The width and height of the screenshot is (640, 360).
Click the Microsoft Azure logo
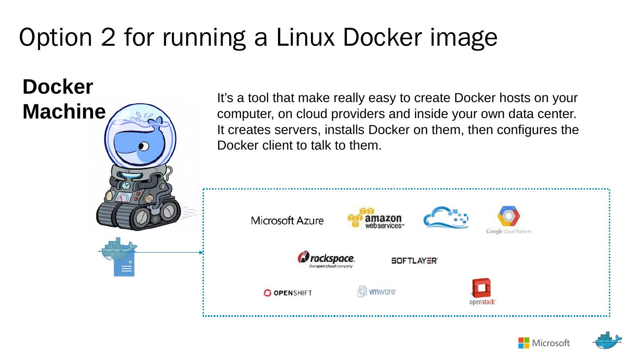[x=287, y=221]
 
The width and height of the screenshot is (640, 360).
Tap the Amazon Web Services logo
[x=376, y=218]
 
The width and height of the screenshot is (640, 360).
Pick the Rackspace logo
[x=326, y=259]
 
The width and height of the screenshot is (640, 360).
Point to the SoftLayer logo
[x=414, y=261]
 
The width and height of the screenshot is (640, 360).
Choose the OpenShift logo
[x=288, y=293]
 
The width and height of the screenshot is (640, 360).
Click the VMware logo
[x=377, y=292]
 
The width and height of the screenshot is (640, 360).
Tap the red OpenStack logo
[x=482, y=289]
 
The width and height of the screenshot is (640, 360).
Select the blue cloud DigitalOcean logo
[x=445, y=218]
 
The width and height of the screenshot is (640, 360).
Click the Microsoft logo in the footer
[x=544, y=343]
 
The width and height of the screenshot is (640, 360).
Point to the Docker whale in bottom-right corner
[x=607, y=341]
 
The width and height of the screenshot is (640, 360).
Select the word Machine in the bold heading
[x=64, y=111]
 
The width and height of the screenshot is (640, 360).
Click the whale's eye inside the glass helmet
[x=143, y=146]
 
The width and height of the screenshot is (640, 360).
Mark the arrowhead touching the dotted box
[x=201, y=253]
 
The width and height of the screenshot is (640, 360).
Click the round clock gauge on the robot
[x=127, y=185]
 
